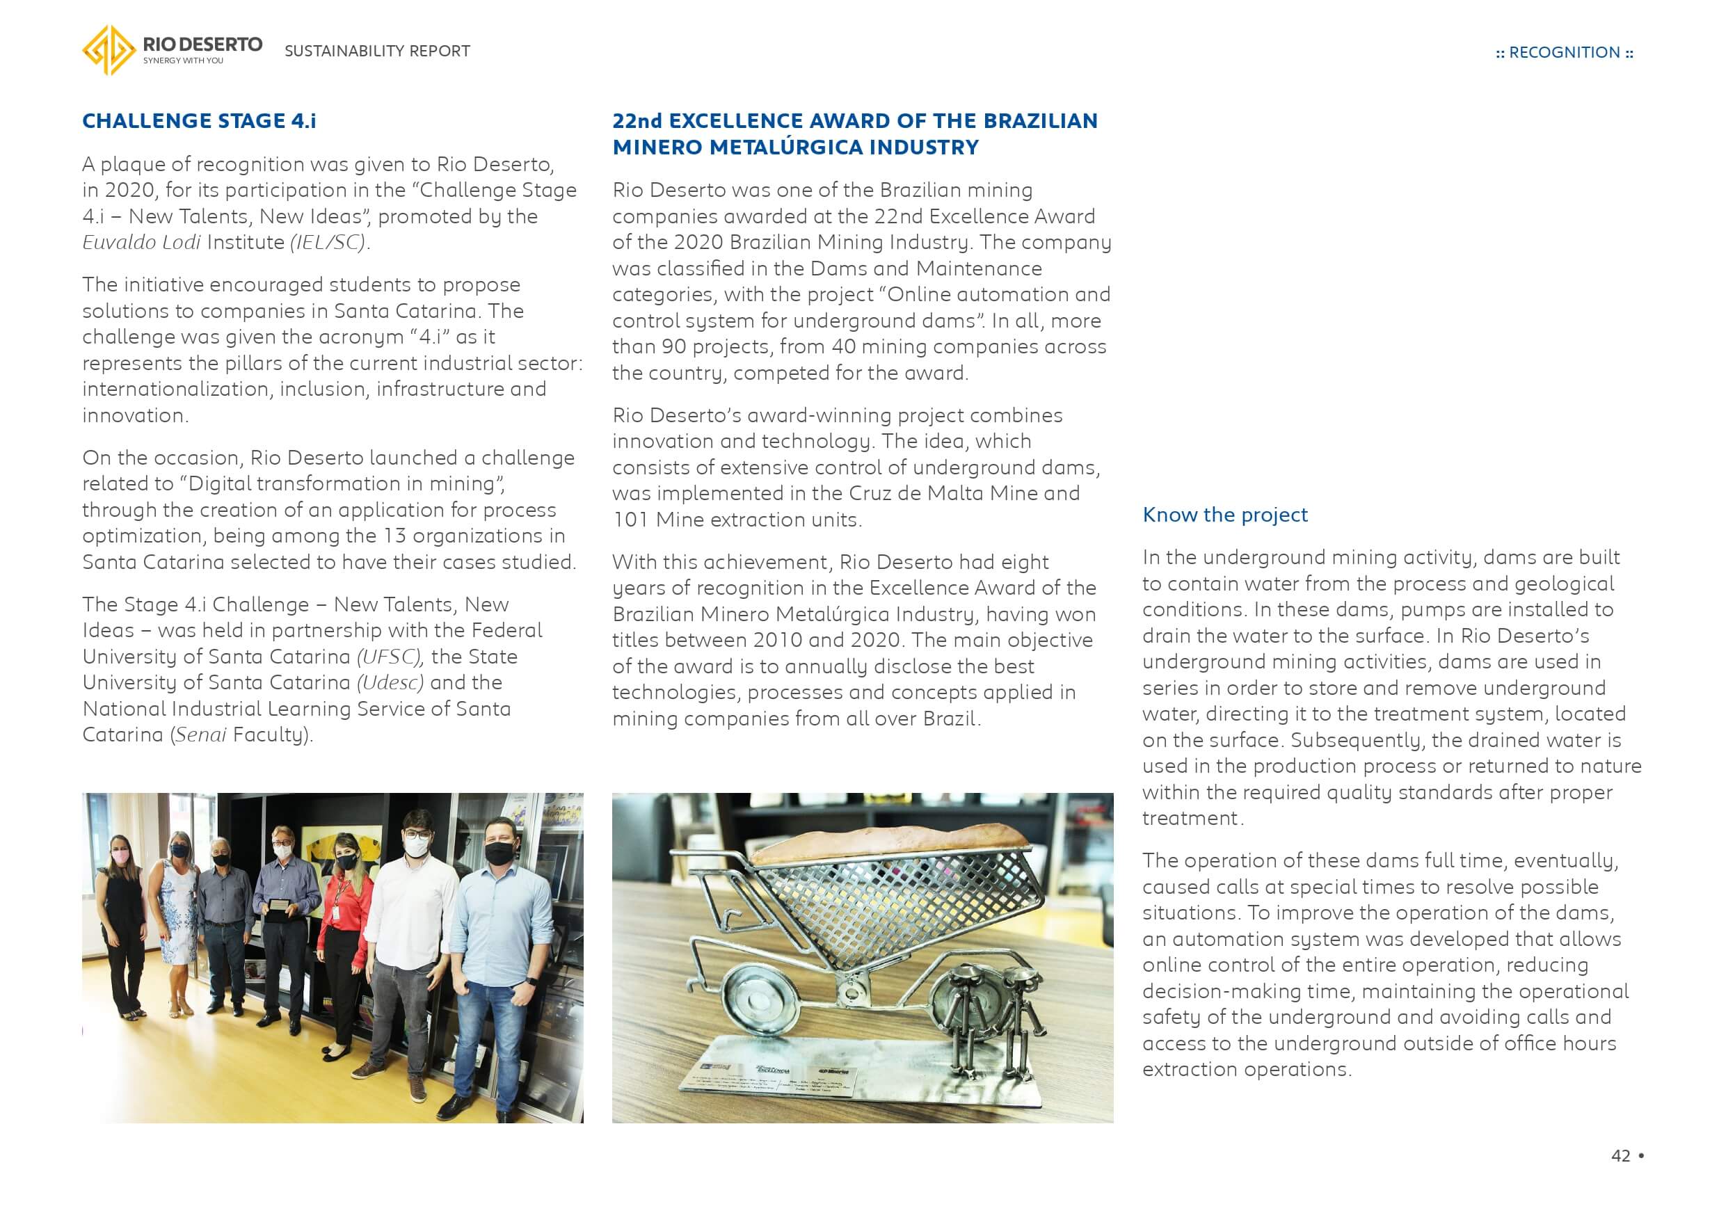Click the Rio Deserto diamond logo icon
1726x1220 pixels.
pyautogui.click(x=109, y=50)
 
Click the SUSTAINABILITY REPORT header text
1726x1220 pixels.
pyautogui.click(x=376, y=51)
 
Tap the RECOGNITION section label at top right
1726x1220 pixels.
pyautogui.click(x=1564, y=53)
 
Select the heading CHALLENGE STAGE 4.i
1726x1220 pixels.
pyautogui.click(x=198, y=121)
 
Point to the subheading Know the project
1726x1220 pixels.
pyautogui.click(x=1224, y=515)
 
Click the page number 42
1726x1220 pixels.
pyautogui.click(x=1620, y=1155)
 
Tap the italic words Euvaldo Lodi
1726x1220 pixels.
pyautogui.click(x=141, y=243)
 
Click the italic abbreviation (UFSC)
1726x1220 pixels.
pyautogui.click(x=390, y=657)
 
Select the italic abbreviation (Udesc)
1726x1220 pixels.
pyautogui.click(x=390, y=682)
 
